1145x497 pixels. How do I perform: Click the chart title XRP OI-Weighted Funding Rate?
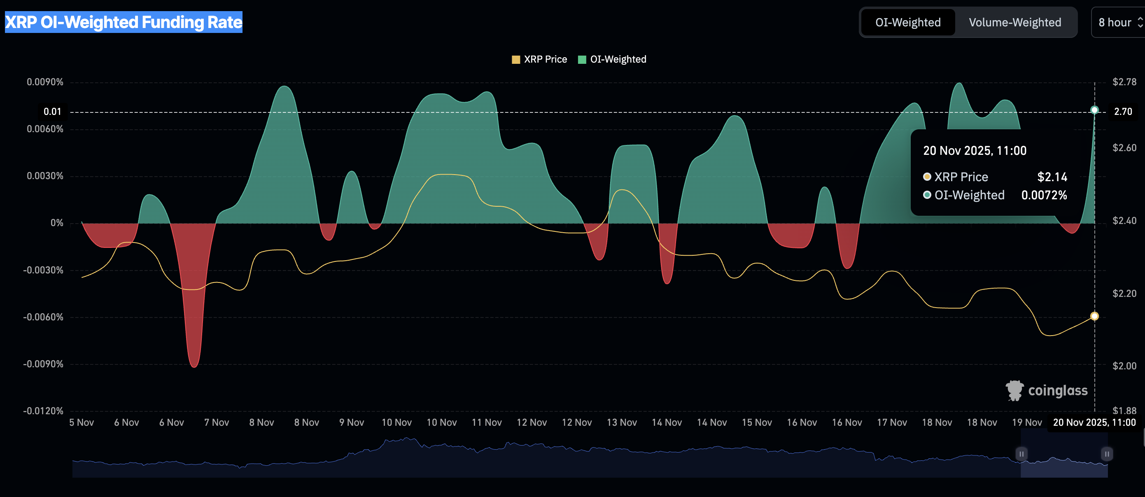coord(124,22)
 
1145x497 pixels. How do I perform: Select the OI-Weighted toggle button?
coord(908,22)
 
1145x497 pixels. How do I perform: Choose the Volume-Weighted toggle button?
coord(1015,22)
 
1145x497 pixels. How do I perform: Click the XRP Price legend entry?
coord(540,60)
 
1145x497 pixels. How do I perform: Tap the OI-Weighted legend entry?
coord(613,60)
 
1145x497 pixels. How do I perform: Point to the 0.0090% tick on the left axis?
coord(45,82)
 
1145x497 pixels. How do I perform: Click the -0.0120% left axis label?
coord(43,411)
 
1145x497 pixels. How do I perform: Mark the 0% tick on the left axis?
coord(57,223)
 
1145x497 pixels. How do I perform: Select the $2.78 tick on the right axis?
coord(1124,82)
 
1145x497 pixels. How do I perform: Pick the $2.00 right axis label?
coord(1124,366)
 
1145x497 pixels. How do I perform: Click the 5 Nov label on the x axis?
coord(82,422)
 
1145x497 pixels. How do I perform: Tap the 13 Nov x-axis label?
coord(621,422)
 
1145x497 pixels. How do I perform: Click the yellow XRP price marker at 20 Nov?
coord(1094,316)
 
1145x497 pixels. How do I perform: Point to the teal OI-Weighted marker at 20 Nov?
coord(1094,110)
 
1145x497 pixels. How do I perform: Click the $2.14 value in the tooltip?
coord(1052,177)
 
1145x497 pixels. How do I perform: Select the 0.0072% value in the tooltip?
coord(1044,195)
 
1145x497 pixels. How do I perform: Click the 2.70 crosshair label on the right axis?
coord(1123,112)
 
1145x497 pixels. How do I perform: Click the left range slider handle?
coord(1021,454)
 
